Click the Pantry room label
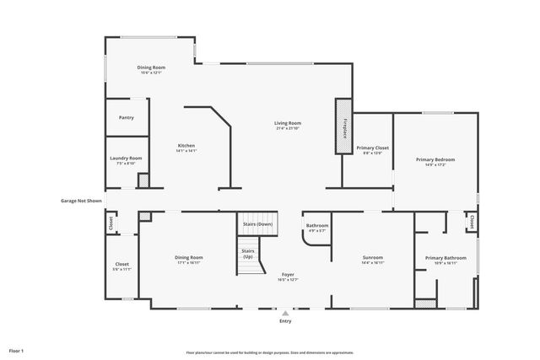[127, 118]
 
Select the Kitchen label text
[186, 148]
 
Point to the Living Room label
[288, 125]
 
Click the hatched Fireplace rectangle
[343, 126]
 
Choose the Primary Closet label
[372, 149]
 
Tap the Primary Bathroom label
[444, 260]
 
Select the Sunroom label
[373, 259]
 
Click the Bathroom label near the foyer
[317, 227]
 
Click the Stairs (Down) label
[257, 224]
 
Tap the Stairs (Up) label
[248, 253]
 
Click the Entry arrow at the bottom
[285, 314]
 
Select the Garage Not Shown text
[81, 201]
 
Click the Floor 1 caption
[17, 350]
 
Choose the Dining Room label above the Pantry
[152, 69]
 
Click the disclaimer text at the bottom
[269, 352]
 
